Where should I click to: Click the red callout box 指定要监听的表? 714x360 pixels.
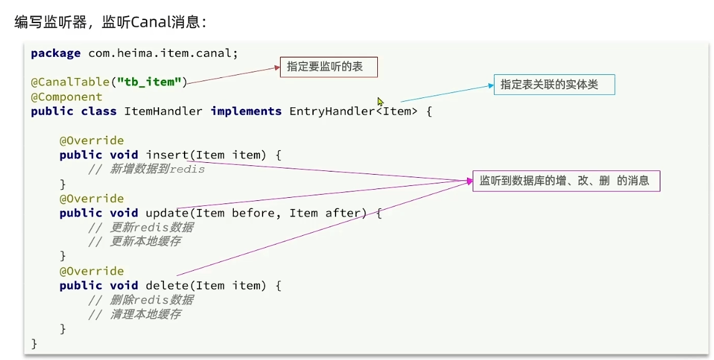pyautogui.click(x=329, y=67)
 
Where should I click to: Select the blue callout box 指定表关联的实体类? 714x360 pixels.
pyautogui.click(x=554, y=84)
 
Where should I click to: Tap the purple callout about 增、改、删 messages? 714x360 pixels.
pyautogui.click(x=566, y=181)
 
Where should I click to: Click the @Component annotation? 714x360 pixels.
pyautogui.click(x=67, y=97)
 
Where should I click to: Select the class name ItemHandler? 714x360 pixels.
pyautogui.click(x=163, y=111)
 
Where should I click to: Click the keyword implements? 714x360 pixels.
pyautogui.click(x=246, y=111)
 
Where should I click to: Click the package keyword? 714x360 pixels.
pyautogui.click(x=55, y=53)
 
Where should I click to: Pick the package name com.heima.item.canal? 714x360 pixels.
pyautogui.click(x=163, y=53)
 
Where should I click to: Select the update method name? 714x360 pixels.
pyautogui.click(x=166, y=213)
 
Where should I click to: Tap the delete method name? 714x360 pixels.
pyautogui.click(x=166, y=285)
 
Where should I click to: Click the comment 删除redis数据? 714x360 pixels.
pyautogui.click(x=152, y=299)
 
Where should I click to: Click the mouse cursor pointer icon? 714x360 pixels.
pyautogui.click(x=380, y=102)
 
